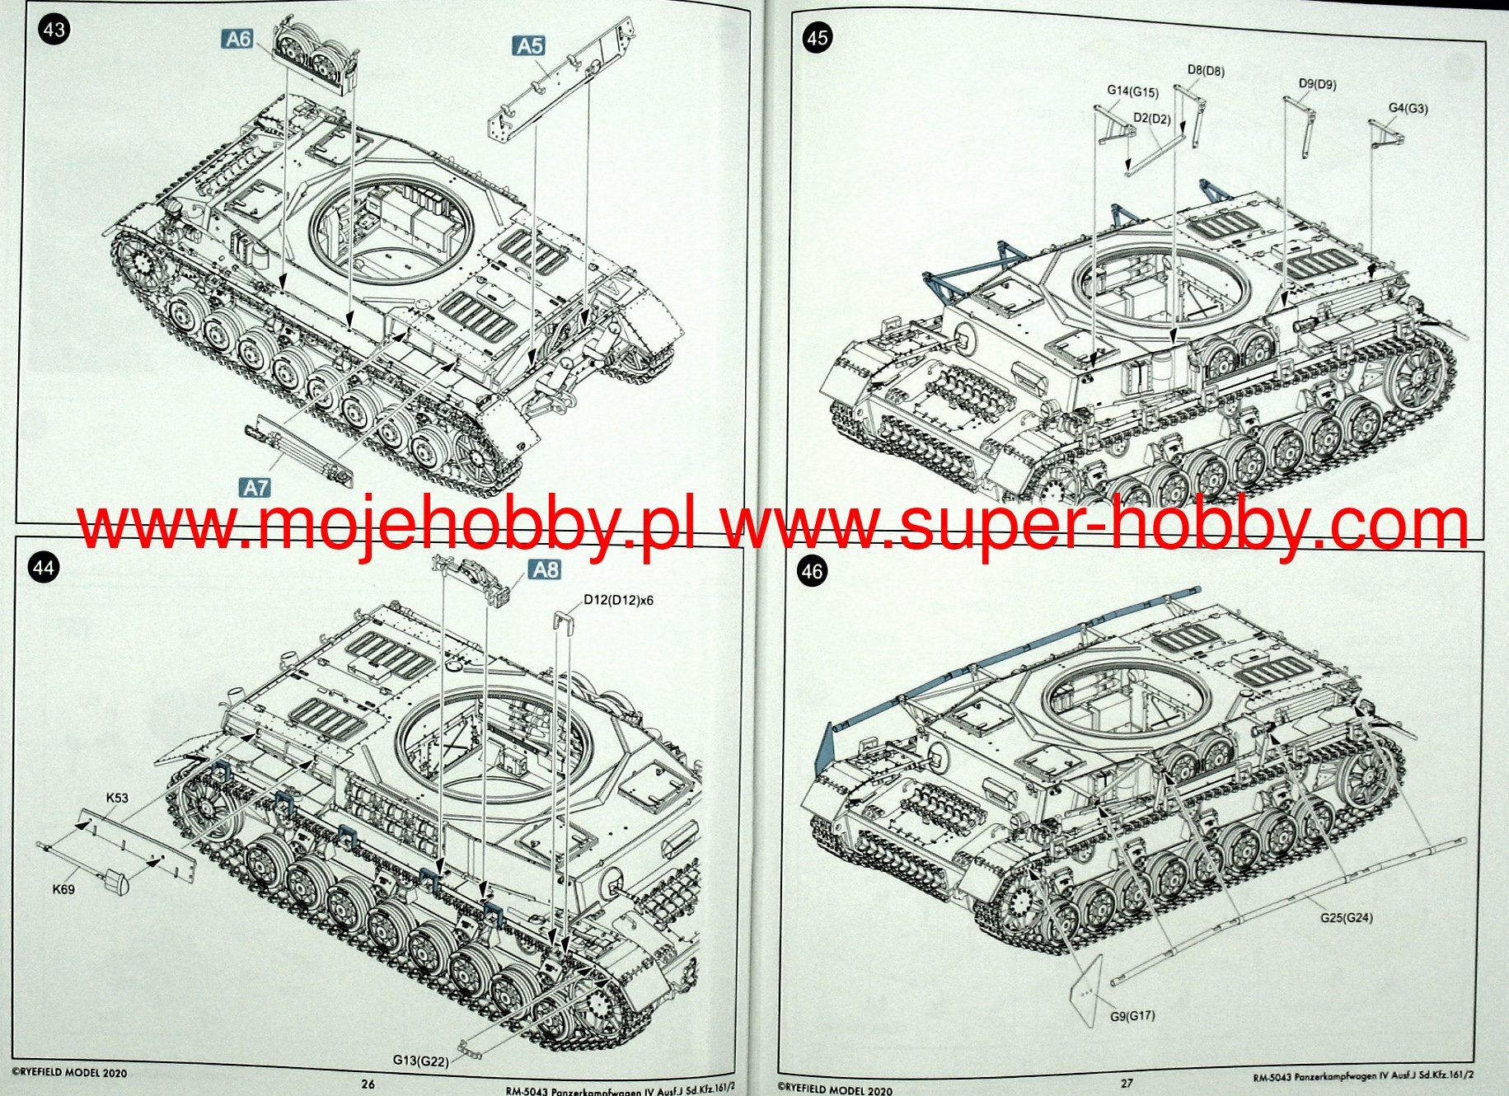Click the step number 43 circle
click(54, 30)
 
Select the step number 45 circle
click(817, 38)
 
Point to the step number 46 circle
click(812, 572)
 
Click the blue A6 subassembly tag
click(238, 39)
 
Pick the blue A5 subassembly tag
click(529, 46)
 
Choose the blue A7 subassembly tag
click(255, 488)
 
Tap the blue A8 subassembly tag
click(546, 569)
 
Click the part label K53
click(117, 798)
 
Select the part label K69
click(63, 889)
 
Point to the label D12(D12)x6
click(618, 600)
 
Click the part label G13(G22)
click(420, 1061)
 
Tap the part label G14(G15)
click(1132, 91)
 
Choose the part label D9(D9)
click(1317, 84)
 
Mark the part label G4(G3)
click(1408, 108)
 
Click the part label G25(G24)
click(1346, 918)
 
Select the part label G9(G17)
click(1132, 1016)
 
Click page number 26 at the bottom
click(368, 1084)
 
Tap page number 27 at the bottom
click(1126, 1084)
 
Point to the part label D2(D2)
click(1151, 119)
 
